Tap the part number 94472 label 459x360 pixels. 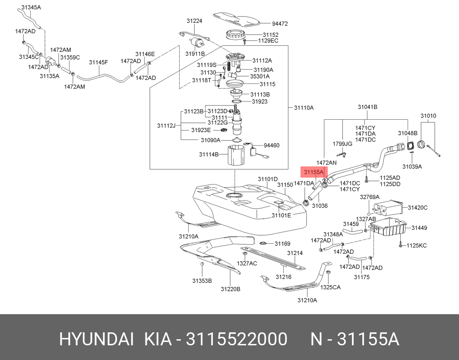click(x=280, y=24)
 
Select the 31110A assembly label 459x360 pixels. click(x=304, y=108)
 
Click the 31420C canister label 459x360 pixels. click(x=418, y=208)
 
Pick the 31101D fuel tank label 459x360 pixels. click(x=268, y=179)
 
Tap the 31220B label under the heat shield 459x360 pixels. click(x=231, y=289)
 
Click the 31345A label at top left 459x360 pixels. click(x=31, y=8)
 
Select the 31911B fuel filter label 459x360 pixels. click(x=195, y=54)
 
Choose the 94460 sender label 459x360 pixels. click(x=271, y=145)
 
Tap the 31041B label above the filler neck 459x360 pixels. click(x=367, y=107)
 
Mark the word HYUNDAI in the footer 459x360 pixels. click(x=97, y=339)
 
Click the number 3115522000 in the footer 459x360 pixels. click(x=237, y=339)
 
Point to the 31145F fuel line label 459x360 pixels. click(x=98, y=62)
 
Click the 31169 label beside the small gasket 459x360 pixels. click(x=282, y=244)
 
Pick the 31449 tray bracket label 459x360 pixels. click(x=419, y=228)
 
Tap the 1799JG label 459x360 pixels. click(x=342, y=144)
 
